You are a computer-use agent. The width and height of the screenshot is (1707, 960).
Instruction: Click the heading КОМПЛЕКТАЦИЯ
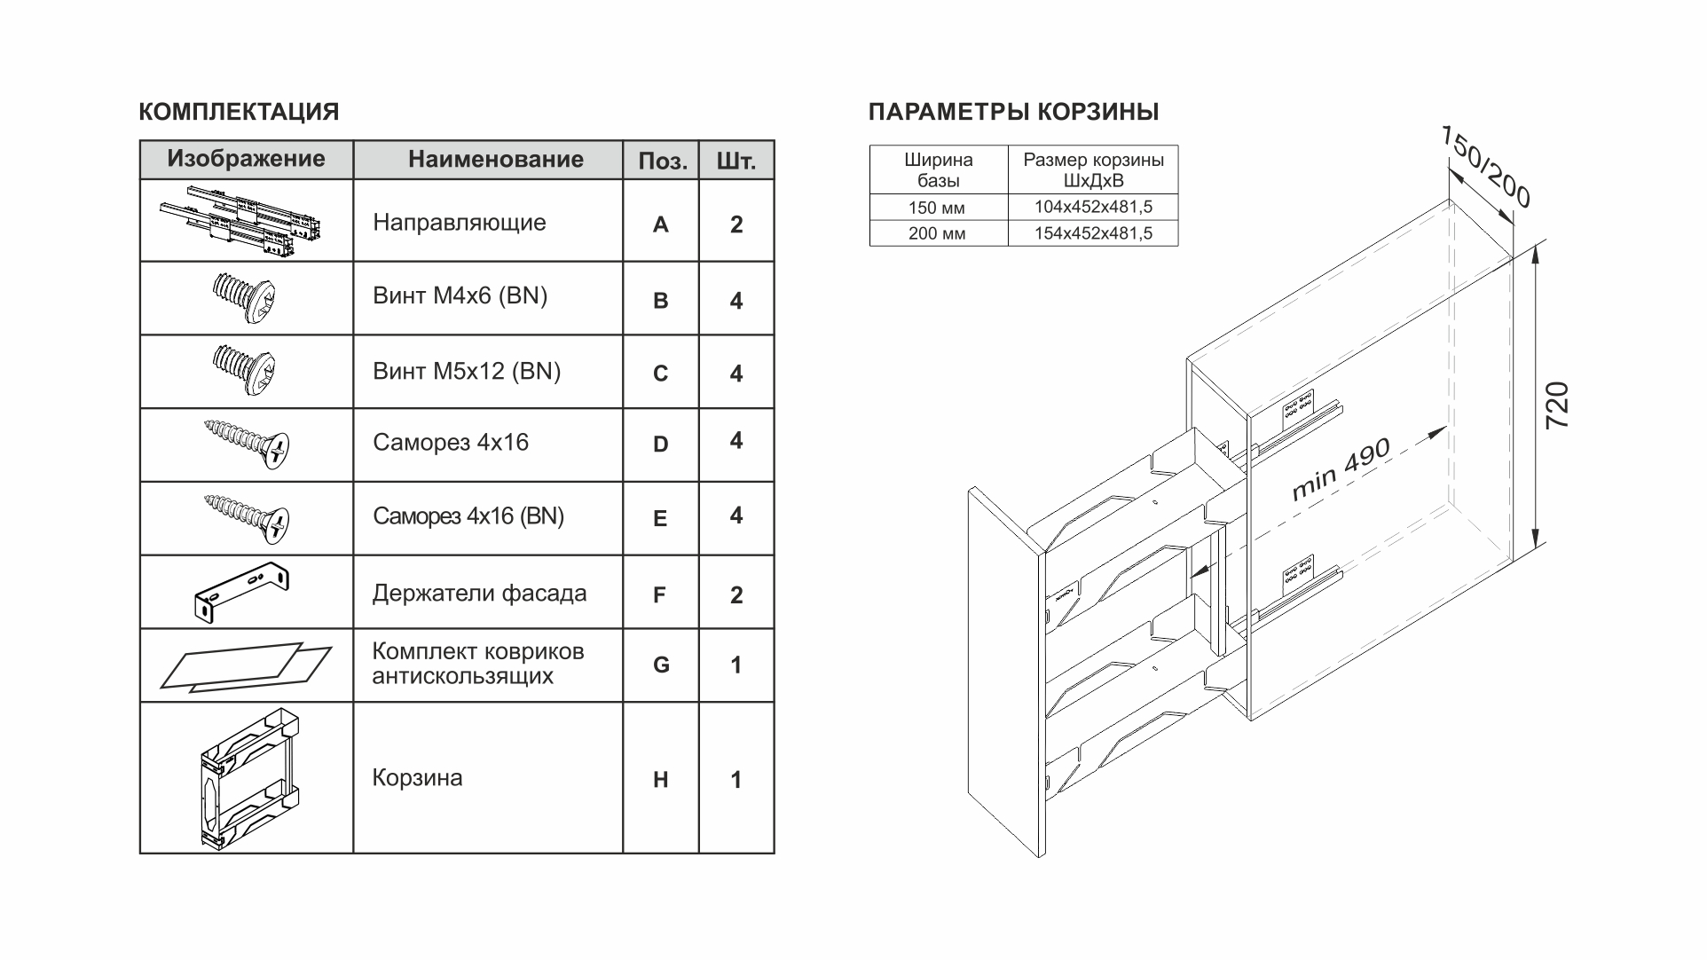239,113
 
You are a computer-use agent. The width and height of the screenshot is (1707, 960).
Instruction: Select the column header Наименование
495,160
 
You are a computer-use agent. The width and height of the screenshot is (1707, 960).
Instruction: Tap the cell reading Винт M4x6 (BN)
460,296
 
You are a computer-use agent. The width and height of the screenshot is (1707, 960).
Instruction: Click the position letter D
660,445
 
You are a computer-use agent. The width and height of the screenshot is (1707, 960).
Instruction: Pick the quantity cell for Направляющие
736,224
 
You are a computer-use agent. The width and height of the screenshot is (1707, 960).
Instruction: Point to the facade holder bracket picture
241,590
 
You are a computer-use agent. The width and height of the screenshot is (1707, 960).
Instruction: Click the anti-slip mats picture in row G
246,666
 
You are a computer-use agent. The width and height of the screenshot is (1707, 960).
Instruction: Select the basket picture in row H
246,779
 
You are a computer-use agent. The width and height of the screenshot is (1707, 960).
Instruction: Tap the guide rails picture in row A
241,221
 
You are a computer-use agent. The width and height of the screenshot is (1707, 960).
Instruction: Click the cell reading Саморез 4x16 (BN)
468,516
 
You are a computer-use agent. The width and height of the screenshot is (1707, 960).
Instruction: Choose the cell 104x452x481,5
1092,208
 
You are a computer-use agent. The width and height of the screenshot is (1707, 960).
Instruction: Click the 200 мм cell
936,233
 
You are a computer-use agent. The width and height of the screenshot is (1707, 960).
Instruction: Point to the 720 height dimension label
1558,405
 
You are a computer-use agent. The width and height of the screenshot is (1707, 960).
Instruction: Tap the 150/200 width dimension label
1485,167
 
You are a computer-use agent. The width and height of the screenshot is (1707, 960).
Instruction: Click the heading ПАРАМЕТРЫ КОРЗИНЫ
1013,113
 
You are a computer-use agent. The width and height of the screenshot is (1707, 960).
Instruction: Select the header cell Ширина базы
938,170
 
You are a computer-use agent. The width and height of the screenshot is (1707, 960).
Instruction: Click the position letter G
660,665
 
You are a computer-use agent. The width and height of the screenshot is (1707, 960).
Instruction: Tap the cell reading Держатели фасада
479,594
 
